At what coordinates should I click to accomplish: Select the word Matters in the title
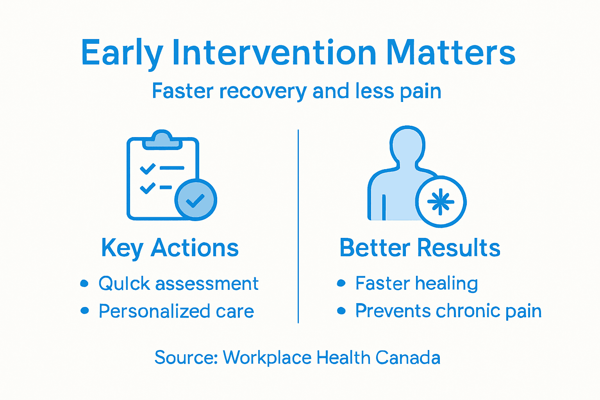pos(451,53)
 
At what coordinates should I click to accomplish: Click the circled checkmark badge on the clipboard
pos(196,200)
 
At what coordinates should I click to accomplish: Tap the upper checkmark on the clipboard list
pos(148,169)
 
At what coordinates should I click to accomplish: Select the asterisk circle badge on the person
pos(441,202)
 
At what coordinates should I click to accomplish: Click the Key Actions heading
pos(170,248)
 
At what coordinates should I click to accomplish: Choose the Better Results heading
pos(420,248)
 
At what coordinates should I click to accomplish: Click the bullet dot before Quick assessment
pos(84,283)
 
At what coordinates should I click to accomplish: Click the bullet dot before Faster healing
pos(341,283)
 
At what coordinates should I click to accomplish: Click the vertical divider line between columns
pos(298,227)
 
